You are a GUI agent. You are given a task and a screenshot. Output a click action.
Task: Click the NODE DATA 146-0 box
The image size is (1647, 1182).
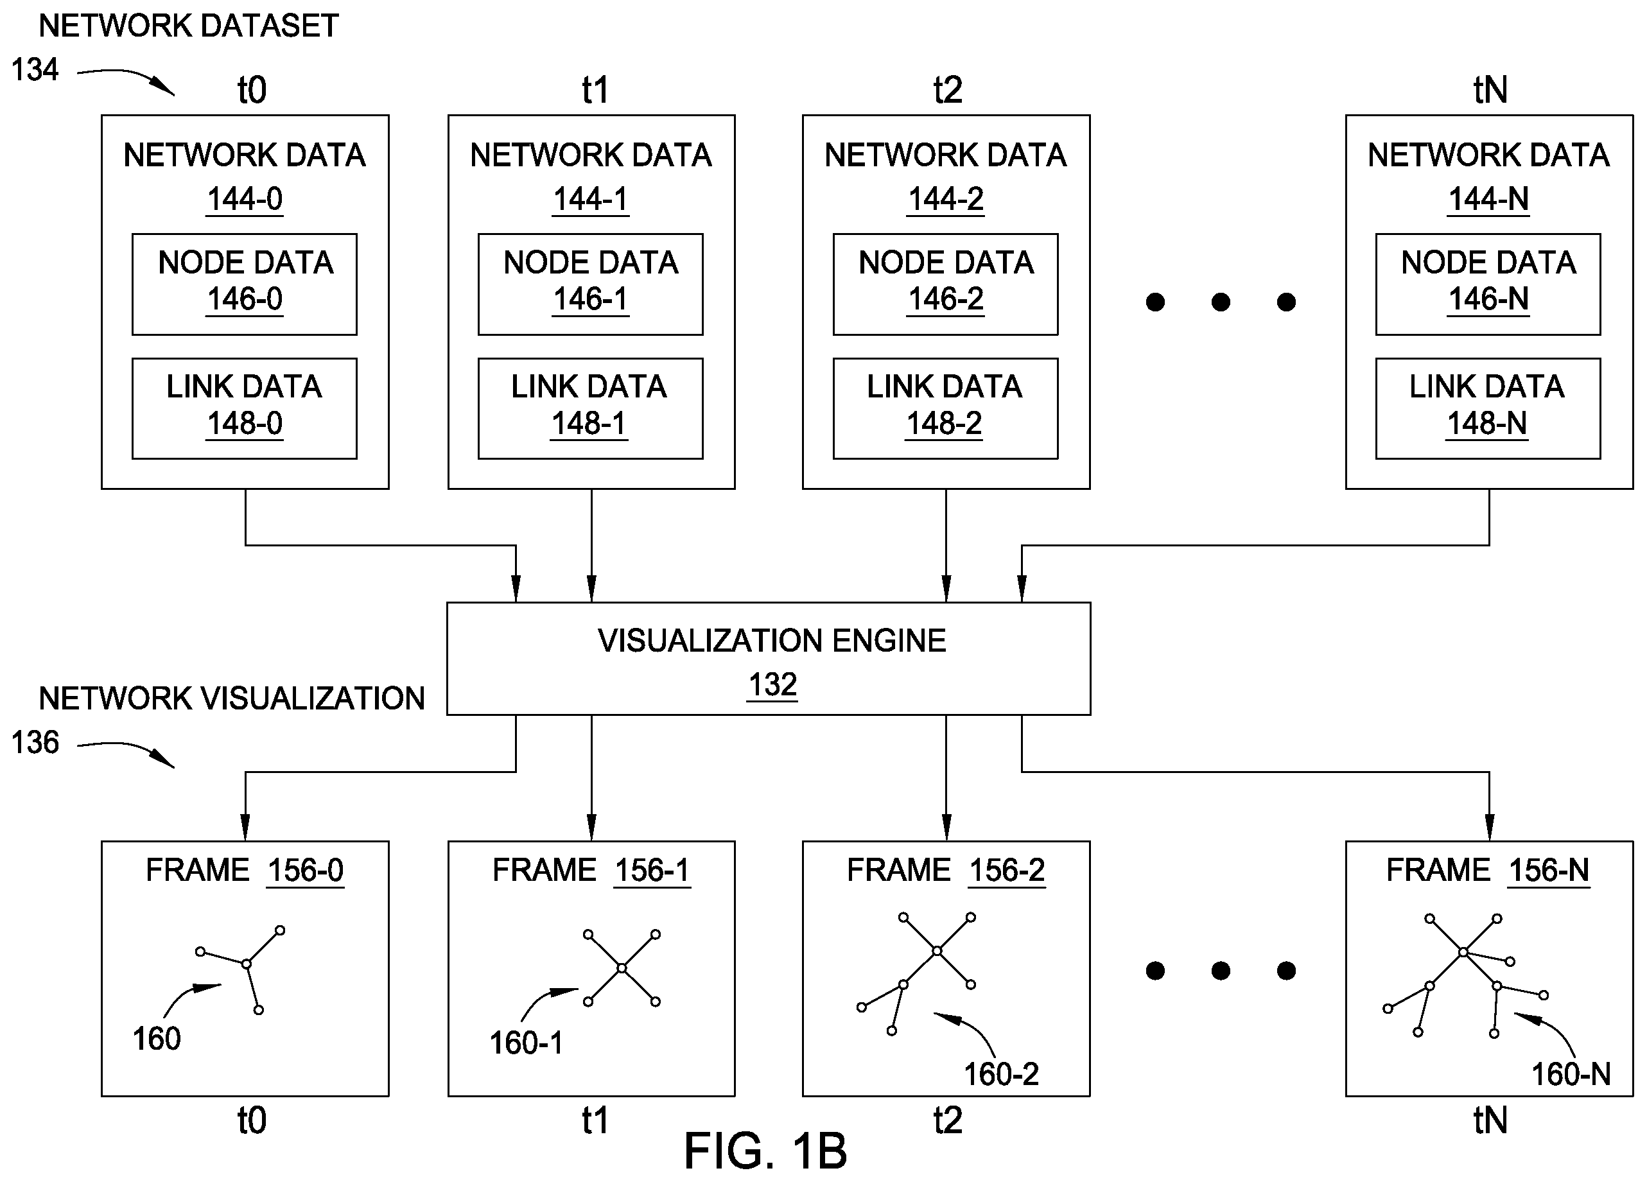(x=244, y=284)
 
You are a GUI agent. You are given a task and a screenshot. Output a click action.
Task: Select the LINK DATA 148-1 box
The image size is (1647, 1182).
(x=590, y=408)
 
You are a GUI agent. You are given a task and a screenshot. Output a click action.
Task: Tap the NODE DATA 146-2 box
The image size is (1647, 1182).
(x=945, y=284)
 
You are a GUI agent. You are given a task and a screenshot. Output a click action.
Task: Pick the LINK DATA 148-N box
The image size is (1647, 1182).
(x=1488, y=408)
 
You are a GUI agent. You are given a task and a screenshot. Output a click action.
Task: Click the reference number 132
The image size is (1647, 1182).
(x=772, y=684)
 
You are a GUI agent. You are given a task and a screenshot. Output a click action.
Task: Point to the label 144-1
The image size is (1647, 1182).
(x=590, y=199)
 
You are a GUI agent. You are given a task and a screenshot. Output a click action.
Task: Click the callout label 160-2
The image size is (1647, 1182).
(x=1000, y=1074)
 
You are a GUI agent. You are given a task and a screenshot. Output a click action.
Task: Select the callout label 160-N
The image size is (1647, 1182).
(x=1571, y=1074)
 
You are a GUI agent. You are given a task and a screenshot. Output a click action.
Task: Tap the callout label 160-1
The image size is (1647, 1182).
(x=526, y=1043)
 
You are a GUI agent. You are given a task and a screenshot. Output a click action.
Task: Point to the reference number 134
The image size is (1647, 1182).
(x=34, y=70)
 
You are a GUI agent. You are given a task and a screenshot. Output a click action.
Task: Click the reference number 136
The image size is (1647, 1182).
(x=34, y=742)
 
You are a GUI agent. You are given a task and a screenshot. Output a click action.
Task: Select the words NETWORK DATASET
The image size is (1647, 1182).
(x=188, y=26)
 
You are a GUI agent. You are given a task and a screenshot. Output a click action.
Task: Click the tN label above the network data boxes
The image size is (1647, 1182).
(x=1490, y=90)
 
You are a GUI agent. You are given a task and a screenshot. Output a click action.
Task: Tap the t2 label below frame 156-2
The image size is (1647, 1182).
(x=948, y=1120)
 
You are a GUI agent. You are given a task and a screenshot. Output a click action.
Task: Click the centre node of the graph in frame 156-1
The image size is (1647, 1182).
(x=622, y=968)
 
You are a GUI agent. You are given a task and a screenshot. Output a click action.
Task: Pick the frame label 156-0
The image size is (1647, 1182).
(x=305, y=870)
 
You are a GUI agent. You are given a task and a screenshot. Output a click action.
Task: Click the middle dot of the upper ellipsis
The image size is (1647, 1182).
(x=1221, y=302)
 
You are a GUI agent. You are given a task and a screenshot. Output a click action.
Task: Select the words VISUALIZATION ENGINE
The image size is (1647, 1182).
(x=772, y=640)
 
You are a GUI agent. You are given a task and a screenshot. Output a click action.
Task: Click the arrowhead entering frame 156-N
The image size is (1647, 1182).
(x=1490, y=828)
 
